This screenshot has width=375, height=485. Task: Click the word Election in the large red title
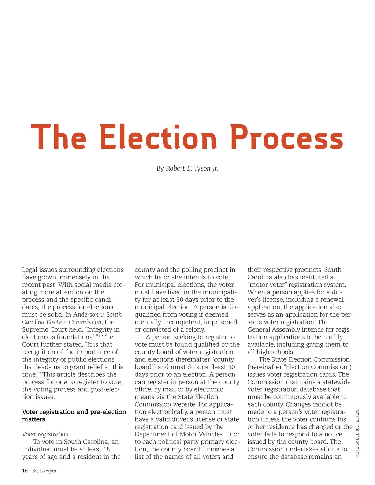point(158,137)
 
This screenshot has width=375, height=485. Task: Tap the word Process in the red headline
point(287,137)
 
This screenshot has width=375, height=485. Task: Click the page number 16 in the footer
point(25,471)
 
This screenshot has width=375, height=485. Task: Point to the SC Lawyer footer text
point(44,471)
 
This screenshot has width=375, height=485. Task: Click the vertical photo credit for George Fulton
point(357,434)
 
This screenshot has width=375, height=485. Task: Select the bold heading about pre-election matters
point(74,415)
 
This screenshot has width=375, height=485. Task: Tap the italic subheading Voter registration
point(45,434)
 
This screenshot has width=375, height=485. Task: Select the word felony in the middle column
point(195,329)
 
